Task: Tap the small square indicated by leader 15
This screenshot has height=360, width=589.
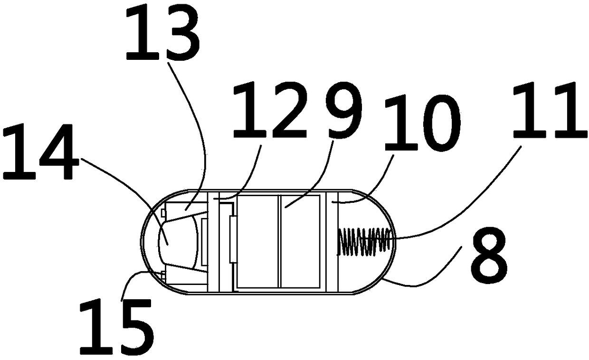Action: tap(163, 275)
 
